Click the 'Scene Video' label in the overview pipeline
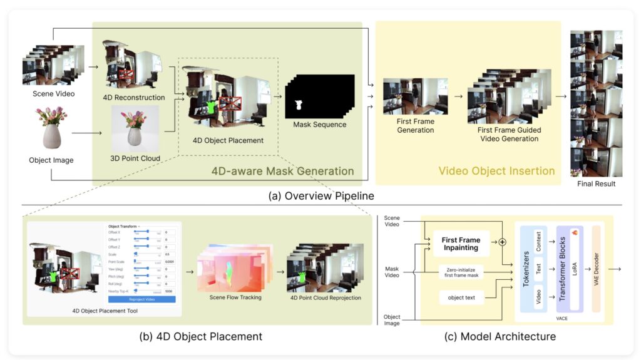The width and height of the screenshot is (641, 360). [53, 94]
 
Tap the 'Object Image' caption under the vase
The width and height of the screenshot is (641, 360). [51, 160]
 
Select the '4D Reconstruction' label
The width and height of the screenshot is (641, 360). [135, 98]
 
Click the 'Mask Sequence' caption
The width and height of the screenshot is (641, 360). [320, 125]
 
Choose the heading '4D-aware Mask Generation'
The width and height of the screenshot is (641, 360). [283, 171]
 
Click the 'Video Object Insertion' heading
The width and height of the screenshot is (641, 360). [496, 171]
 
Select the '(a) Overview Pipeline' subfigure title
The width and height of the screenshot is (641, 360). [321, 196]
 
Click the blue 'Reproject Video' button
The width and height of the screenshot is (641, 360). [143, 299]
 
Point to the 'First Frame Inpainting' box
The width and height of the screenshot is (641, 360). [461, 244]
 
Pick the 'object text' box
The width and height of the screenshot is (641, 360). [461, 297]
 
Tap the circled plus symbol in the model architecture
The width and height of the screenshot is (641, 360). [501, 242]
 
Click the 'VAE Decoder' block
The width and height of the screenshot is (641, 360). [595, 269]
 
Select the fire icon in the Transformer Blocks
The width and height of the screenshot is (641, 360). [575, 233]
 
